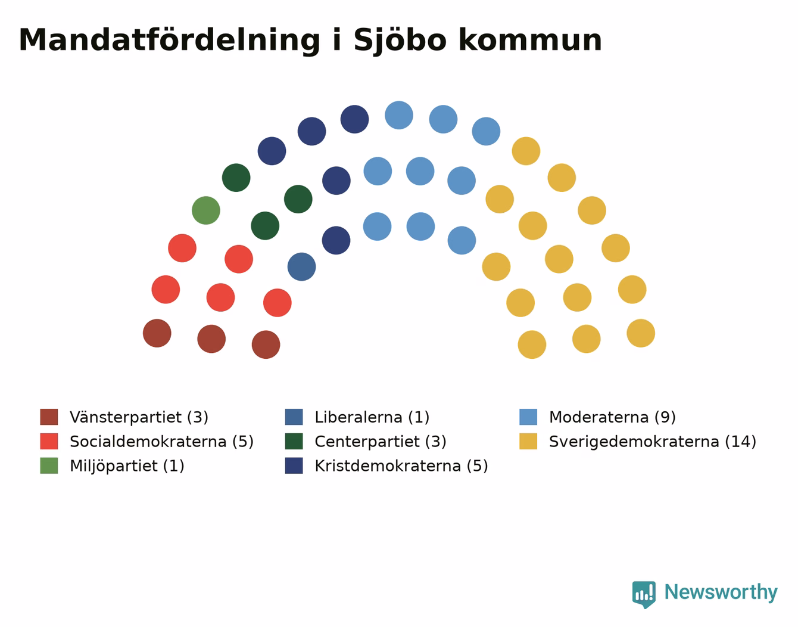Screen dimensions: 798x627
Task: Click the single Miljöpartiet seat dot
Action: coord(206,210)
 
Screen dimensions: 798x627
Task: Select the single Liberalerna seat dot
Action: coord(301,267)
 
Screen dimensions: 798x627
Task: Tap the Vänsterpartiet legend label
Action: coord(139,417)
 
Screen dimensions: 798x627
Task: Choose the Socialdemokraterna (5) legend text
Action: coord(161,442)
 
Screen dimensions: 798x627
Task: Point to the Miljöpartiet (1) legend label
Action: coord(127,465)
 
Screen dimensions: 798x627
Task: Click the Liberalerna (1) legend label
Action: coord(372,417)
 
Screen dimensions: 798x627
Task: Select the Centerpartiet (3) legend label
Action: coord(381,442)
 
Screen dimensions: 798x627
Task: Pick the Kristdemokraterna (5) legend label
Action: coord(401,465)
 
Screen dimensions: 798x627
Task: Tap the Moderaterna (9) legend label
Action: coord(612,417)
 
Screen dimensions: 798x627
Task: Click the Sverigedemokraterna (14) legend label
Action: coord(653,442)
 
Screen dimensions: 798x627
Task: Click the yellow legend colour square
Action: coord(528,442)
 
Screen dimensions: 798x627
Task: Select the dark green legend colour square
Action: coord(294,442)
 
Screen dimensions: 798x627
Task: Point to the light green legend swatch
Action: coord(49,465)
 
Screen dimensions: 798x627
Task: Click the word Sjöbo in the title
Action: coord(400,41)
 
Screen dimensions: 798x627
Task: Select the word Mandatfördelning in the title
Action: coord(169,41)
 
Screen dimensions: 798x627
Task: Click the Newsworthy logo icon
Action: coord(644,595)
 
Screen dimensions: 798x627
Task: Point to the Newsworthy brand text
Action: coord(721,592)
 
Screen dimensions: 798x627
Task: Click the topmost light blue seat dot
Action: coord(399,115)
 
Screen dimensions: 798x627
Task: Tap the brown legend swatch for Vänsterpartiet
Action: coord(49,417)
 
